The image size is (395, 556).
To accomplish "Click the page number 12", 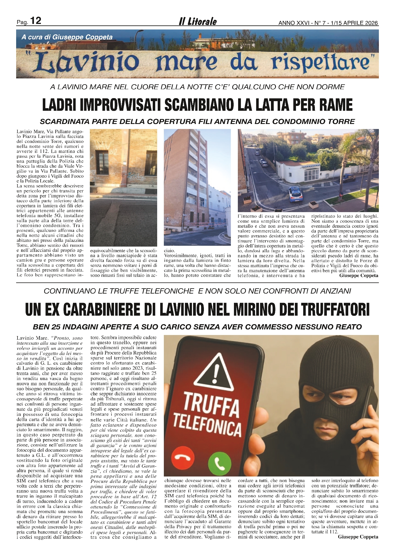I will coord(36,21).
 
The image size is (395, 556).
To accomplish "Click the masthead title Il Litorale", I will coord(197,21).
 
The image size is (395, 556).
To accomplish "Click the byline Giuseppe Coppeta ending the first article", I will coord(359,275).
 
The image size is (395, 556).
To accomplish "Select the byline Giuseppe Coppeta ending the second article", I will coord(358,537).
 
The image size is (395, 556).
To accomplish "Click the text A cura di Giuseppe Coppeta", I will coord(67,37).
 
